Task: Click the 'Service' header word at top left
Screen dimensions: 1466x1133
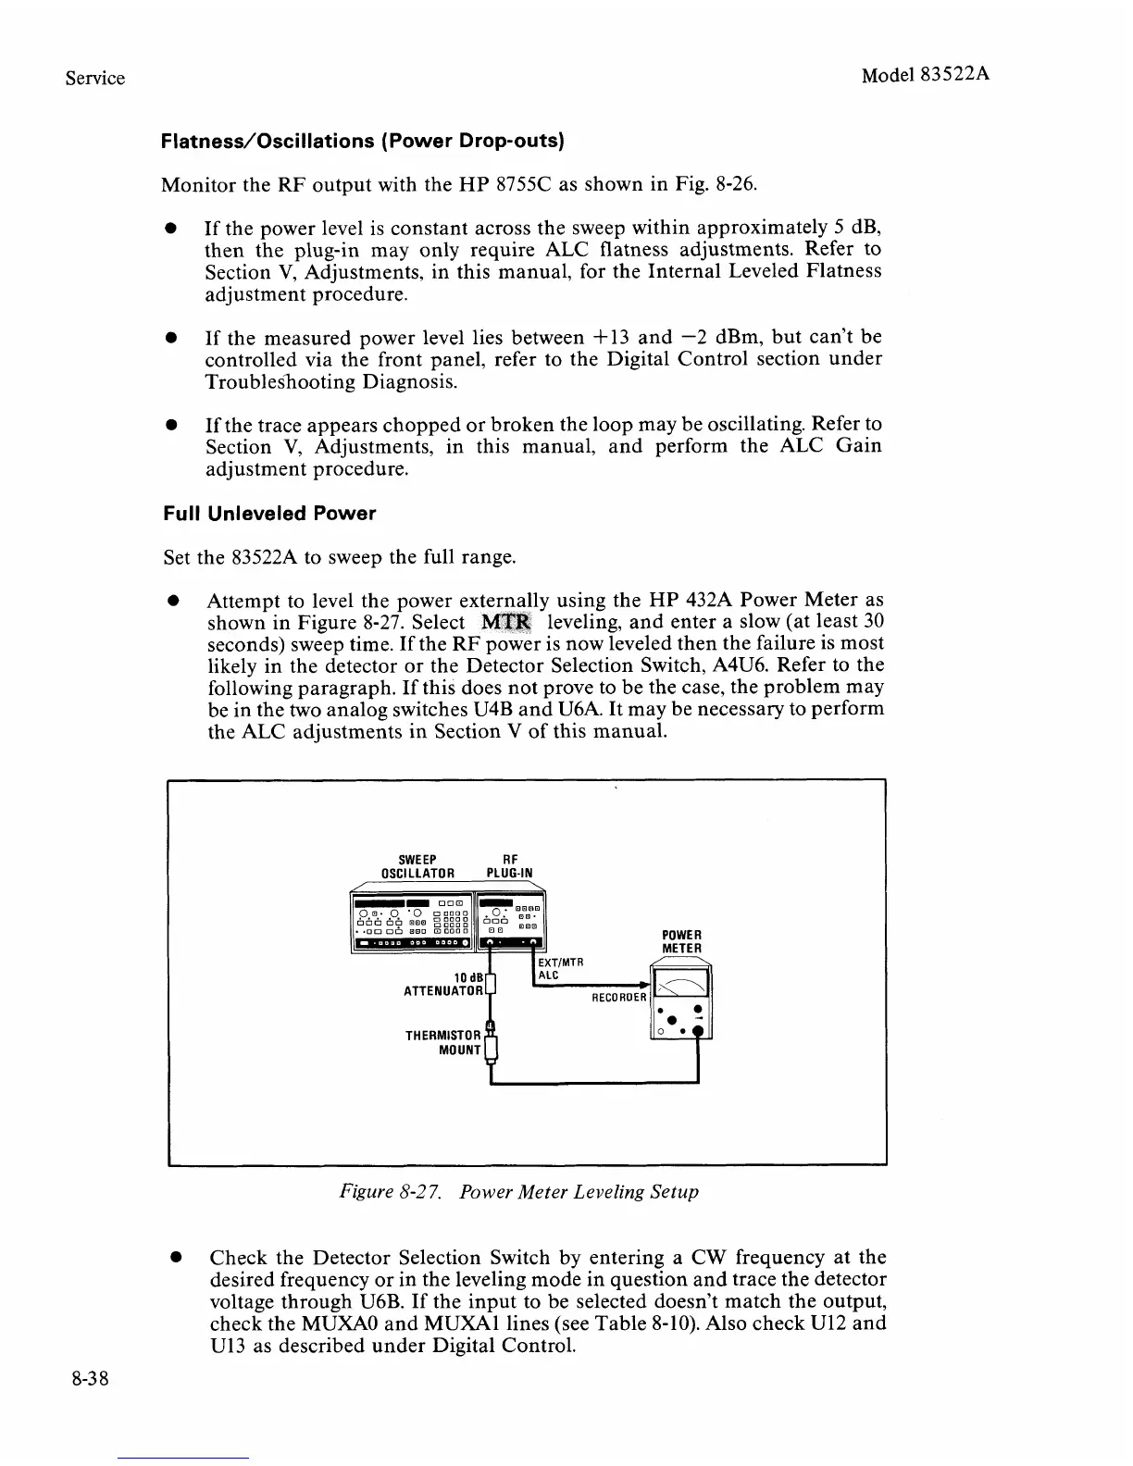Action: [x=95, y=78]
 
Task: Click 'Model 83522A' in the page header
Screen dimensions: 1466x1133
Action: [x=926, y=75]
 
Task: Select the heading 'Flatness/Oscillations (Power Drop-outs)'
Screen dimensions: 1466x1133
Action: [x=363, y=142]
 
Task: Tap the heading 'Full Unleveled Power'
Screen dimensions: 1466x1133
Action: [x=269, y=514]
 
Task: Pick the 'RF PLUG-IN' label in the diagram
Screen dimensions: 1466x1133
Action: [x=509, y=865]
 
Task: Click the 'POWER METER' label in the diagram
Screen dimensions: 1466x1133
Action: [x=682, y=941]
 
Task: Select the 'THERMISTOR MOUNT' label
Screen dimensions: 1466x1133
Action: [x=443, y=1042]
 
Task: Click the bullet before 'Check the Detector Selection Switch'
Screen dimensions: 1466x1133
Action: [x=173, y=1259]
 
